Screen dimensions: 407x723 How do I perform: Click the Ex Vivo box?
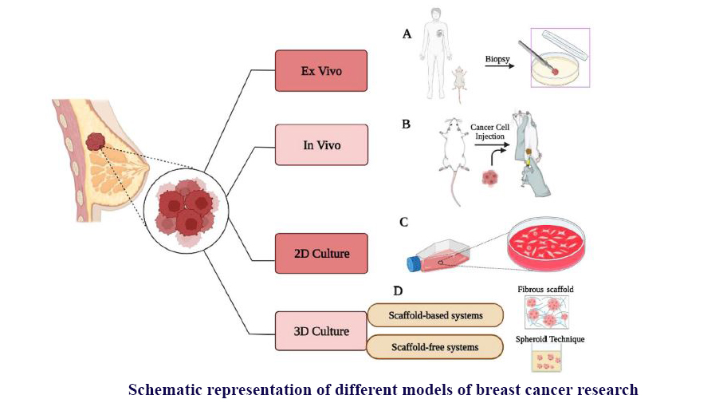(x=321, y=70)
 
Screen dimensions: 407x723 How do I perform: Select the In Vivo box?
(x=321, y=144)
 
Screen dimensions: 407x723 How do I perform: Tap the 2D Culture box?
(x=321, y=254)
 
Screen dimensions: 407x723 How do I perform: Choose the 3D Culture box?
(x=321, y=330)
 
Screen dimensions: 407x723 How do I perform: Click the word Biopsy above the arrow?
(x=498, y=58)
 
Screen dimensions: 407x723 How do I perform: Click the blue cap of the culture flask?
(x=414, y=263)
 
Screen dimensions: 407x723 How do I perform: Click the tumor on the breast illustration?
(x=96, y=143)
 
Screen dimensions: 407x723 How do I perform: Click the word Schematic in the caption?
(x=165, y=389)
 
